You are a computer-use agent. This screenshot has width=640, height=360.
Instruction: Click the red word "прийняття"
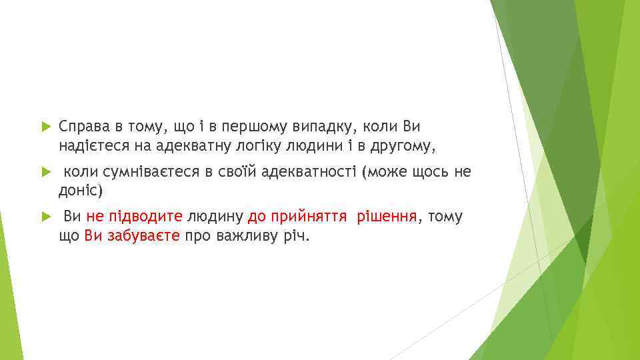click(x=306, y=217)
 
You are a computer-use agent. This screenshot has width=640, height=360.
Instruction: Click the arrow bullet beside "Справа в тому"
click(x=45, y=126)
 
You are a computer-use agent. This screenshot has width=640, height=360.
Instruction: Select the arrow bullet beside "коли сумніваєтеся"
click(x=45, y=172)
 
